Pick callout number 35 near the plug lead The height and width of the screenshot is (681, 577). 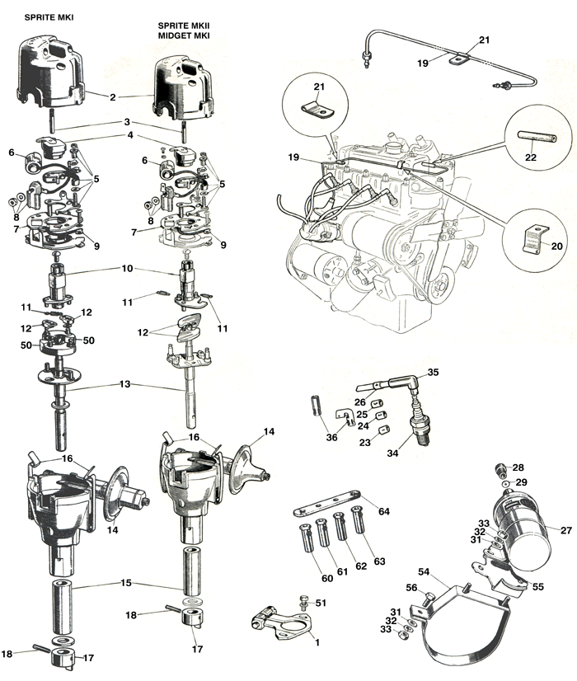tap(433, 372)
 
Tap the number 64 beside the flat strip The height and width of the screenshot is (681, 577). tap(383, 512)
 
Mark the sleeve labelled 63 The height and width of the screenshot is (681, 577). tap(358, 527)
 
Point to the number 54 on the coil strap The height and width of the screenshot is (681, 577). tap(423, 571)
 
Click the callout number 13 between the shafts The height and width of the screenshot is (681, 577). tap(124, 385)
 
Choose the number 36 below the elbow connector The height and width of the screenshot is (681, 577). tap(331, 438)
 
